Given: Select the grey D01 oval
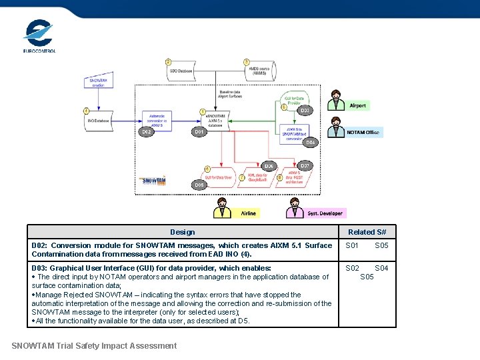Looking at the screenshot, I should [x=199, y=132].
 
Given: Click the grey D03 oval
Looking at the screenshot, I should [x=304, y=110].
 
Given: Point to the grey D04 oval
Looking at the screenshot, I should [x=310, y=142].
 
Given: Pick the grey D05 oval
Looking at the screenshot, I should [x=199, y=184].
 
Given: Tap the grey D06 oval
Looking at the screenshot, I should [x=269, y=166].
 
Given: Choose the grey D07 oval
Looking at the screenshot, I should [x=305, y=165].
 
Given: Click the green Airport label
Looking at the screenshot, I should [x=357, y=106].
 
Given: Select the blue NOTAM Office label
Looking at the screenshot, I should [x=363, y=133].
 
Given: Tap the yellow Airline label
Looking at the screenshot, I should [x=247, y=213].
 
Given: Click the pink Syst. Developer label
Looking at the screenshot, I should [x=325, y=213].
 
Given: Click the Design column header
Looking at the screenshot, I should [x=182, y=232].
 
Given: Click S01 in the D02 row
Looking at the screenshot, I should [x=352, y=245].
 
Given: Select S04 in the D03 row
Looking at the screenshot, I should [x=381, y=268].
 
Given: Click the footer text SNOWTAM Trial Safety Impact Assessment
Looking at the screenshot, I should [x=94, y=345].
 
